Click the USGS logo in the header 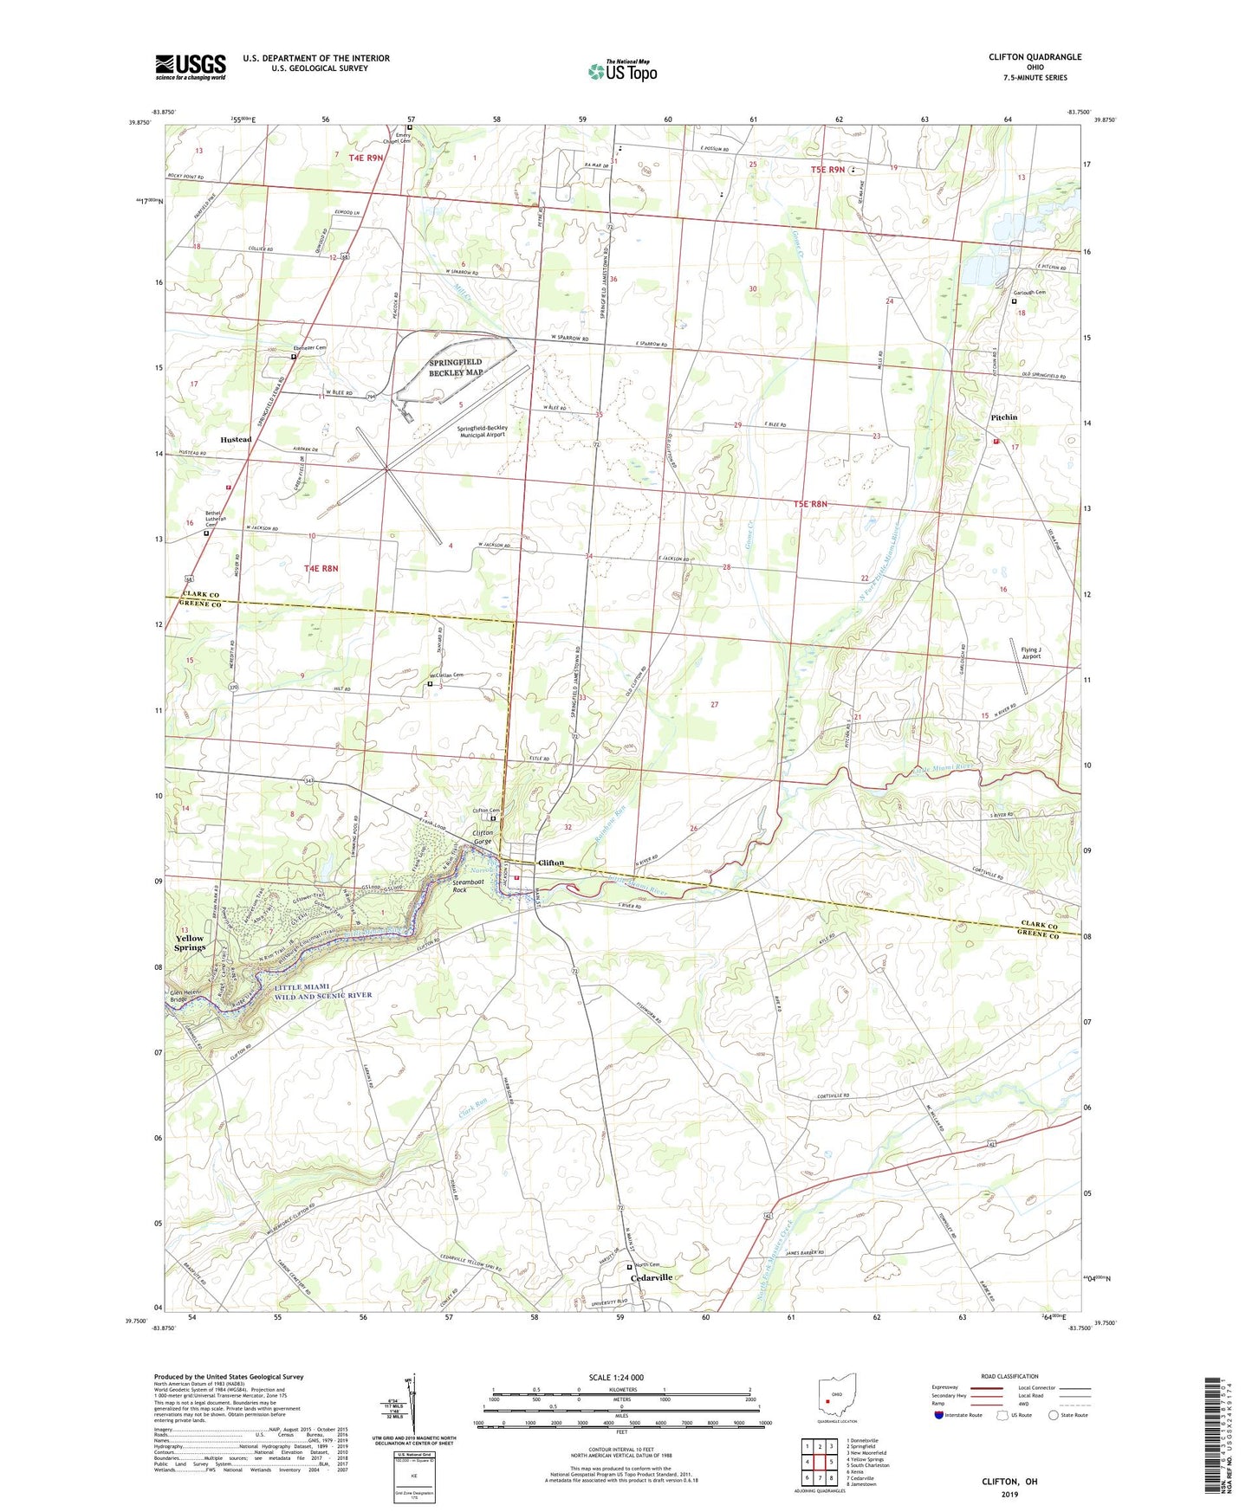click(x=191, y=67)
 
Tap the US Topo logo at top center click(x=622, y=71)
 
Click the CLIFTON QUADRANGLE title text click(x=1035, y=57)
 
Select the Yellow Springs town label click(x=190, y=943)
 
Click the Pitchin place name click(x=1003, y=417)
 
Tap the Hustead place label click(x=236, y=439)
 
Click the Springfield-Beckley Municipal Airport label click(x=495, y=431)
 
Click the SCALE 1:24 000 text click(x=621, y=1378)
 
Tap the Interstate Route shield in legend click(x=939, y=1416)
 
